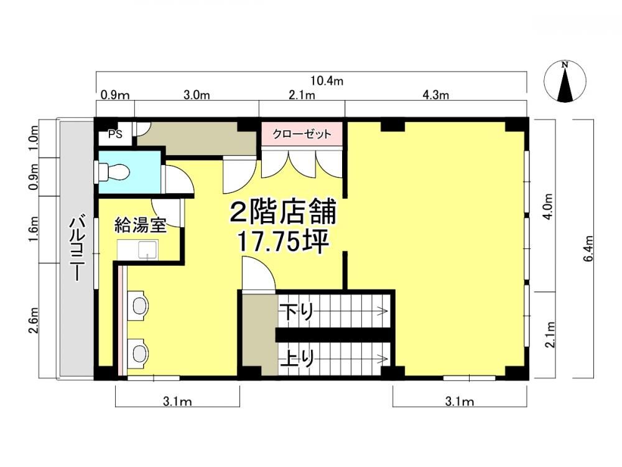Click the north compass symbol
[x=565, y=82]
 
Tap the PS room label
[x=115, y=134]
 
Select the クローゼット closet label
[x=302, y=134]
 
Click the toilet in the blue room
[x=111, y=172]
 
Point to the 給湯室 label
[x=140, y=225]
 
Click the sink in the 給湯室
[x=137, y=250]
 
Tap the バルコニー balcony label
[x=76, y=249]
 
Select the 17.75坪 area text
[x=282, y=241]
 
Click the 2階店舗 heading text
[x=283, y=212]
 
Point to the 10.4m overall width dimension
[x=327, y=81]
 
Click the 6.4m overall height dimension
[x=588, y=248]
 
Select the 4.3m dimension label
[x=435, y=95]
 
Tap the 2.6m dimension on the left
[x=34, y=320]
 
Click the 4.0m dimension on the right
[x=549, y=207]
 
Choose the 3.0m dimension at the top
[x=197, y=95]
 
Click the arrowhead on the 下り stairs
[x=384, y=311]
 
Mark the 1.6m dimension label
[x=34, y=230]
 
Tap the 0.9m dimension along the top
[x=115, y=95]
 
